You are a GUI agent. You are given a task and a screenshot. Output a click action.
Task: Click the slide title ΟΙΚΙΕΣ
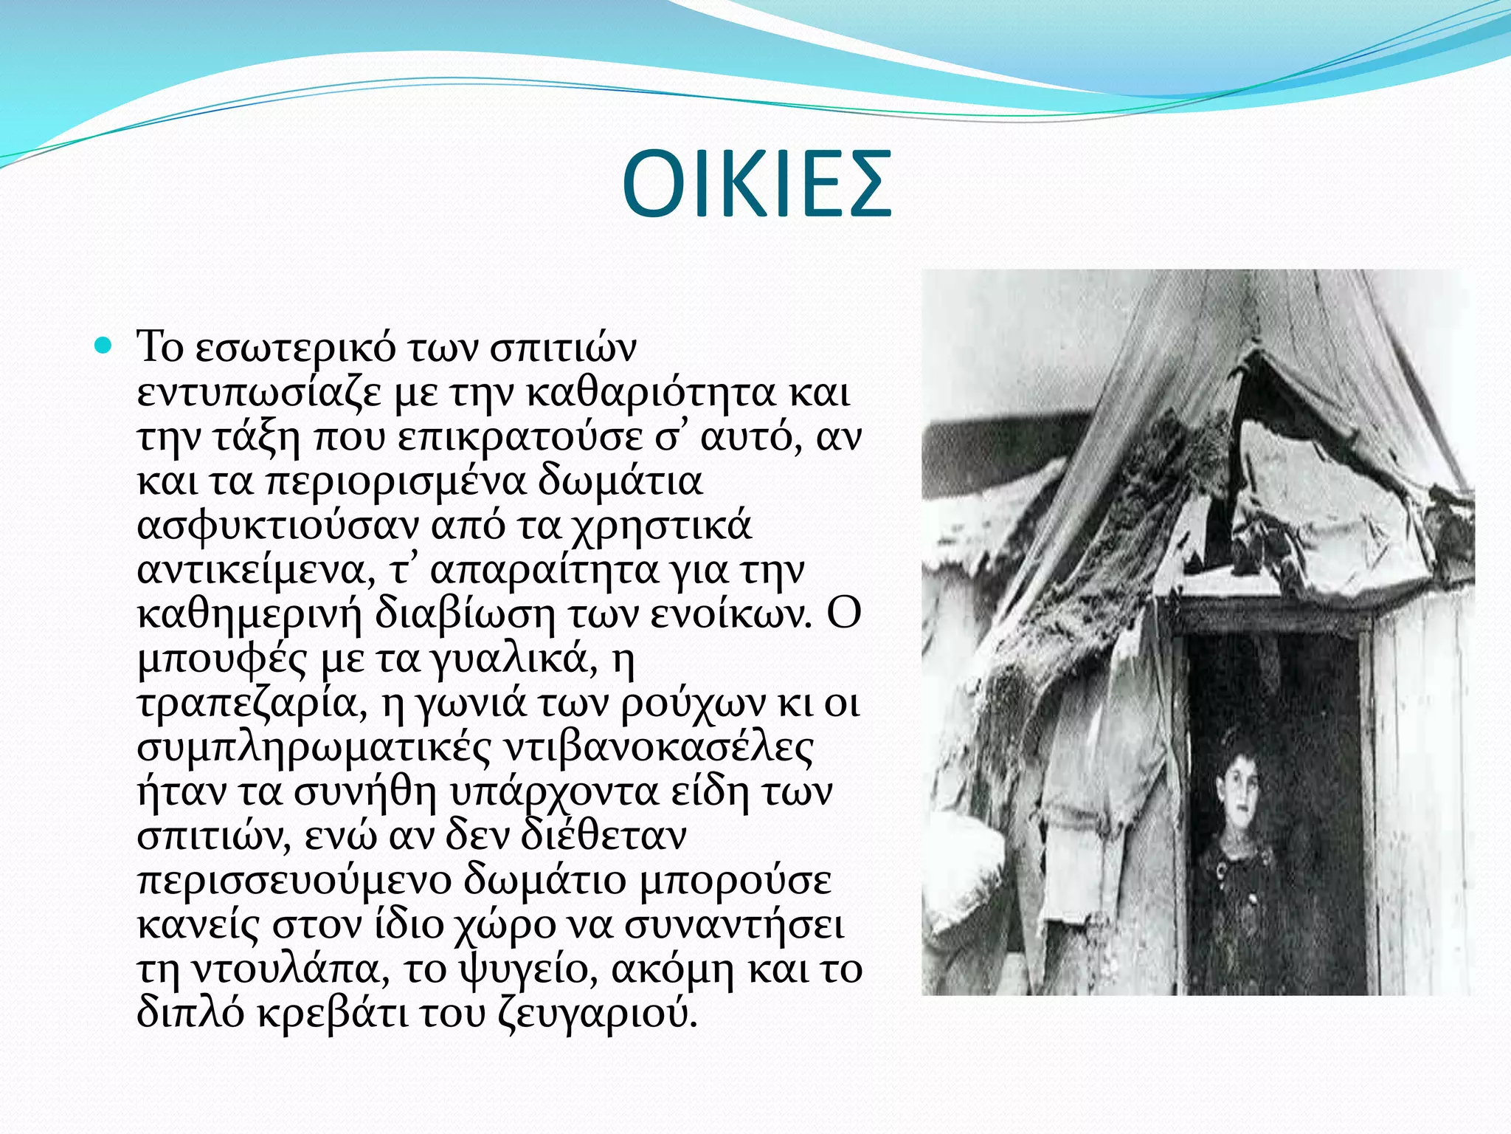click(x=756, y=185)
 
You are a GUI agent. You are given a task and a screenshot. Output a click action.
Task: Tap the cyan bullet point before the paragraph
click(x=103, y=345)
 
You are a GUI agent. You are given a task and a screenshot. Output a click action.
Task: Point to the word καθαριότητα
click(x=652, y=392)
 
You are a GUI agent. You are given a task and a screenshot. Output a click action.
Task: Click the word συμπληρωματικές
click(x=314, y=747)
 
